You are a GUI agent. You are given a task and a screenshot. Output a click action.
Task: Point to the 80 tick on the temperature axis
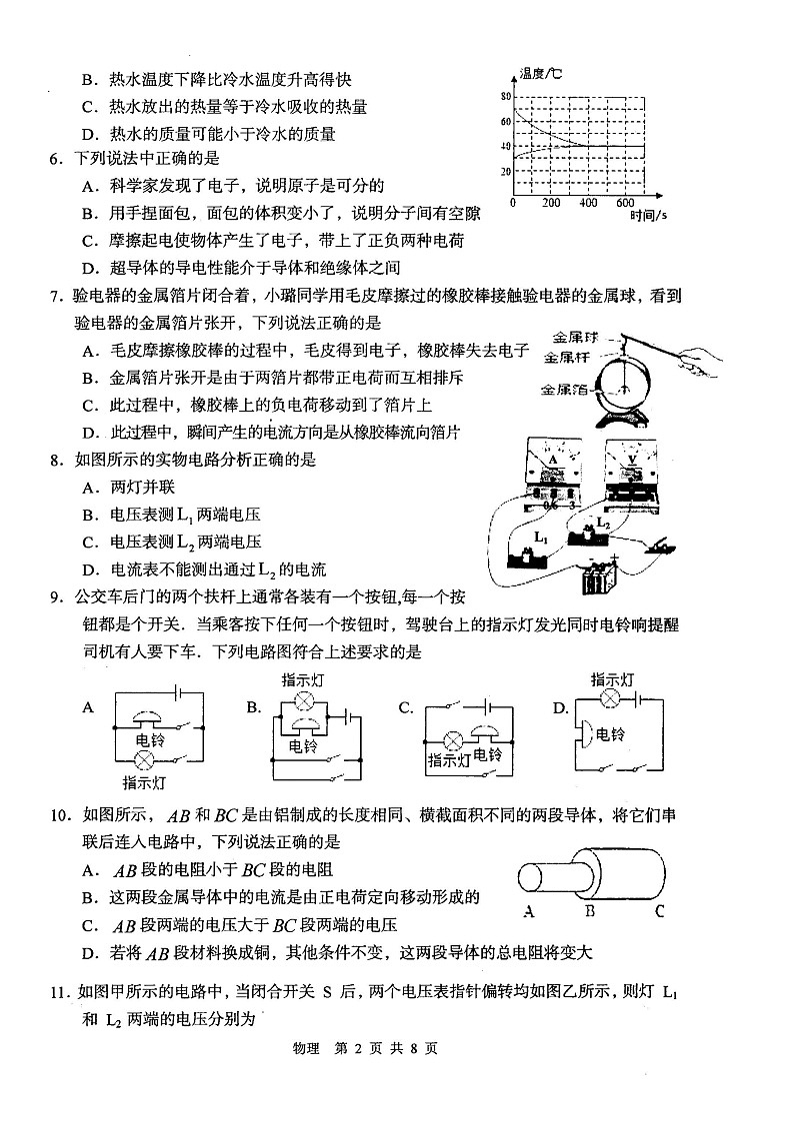(x=505, y=97)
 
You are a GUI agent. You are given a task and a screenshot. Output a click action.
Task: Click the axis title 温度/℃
(x=540, y=74)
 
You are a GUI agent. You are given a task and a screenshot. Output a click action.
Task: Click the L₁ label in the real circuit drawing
(x=541, y=537)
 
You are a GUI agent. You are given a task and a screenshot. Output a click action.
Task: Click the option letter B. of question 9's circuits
(x=254, y=707)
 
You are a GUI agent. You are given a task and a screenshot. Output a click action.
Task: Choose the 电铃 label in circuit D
(x=610, y=734)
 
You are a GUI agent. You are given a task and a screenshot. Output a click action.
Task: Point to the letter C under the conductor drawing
(x=660, y=910)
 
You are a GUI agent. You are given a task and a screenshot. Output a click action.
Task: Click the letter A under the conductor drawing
(x=528, y=910)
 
